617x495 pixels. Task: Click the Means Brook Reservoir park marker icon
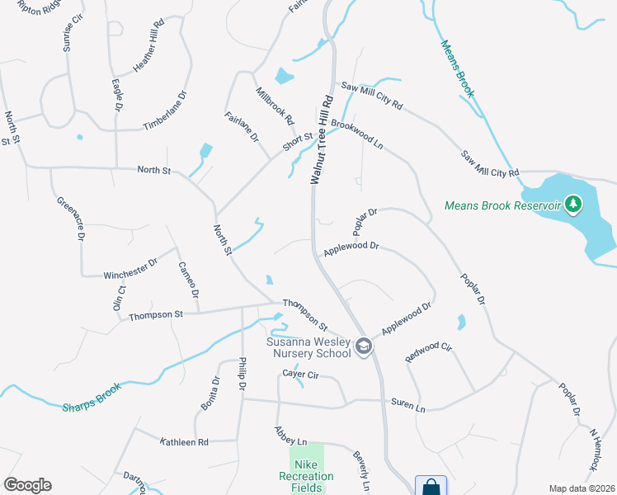coord(573,204)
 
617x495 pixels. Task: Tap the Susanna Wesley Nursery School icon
coord(363,347)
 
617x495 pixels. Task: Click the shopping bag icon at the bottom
coord(431,487)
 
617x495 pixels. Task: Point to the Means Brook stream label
coord(457,69)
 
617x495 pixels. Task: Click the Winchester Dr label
coord(130,268)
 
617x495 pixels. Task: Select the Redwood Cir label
coord(430,352)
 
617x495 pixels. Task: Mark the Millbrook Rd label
coord(275,106)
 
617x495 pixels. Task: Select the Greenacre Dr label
coord(70,218)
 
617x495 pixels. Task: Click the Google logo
coord(27,485)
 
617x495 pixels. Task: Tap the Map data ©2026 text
coord(581,488)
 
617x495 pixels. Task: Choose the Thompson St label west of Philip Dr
coord(155,314)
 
